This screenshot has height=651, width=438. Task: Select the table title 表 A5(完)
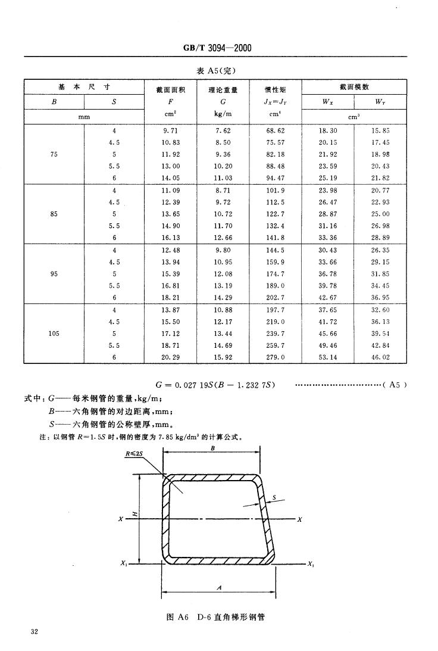click(217, 70)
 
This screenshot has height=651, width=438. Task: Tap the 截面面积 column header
click(170, 90)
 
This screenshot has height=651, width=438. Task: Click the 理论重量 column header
click(223, 90)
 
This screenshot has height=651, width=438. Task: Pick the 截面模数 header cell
click(355, 87)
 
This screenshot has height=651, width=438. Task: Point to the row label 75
click(54, 154)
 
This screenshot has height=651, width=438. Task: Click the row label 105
click(54, 334)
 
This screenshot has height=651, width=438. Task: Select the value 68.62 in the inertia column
click(276, 130)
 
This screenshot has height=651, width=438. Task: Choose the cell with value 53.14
click(328, 357)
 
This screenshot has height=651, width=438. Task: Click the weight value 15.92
click(223, 357)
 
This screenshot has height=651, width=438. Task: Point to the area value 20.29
click(170, 357)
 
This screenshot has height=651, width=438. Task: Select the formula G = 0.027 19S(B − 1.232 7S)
click(217, 385)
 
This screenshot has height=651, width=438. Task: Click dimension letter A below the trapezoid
click(220, 587)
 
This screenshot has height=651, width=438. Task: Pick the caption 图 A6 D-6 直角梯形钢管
click(216, 617)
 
